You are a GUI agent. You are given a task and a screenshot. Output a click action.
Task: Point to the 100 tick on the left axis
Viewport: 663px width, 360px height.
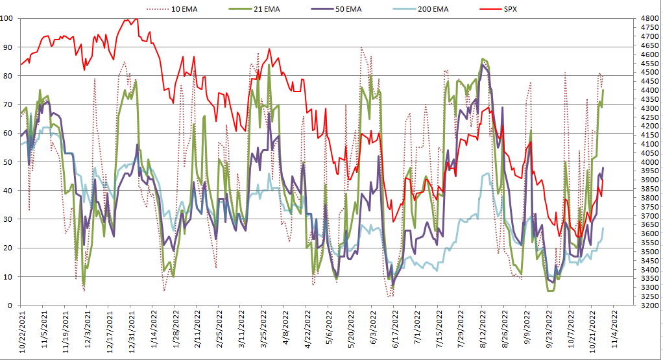[x=8, y=18]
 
